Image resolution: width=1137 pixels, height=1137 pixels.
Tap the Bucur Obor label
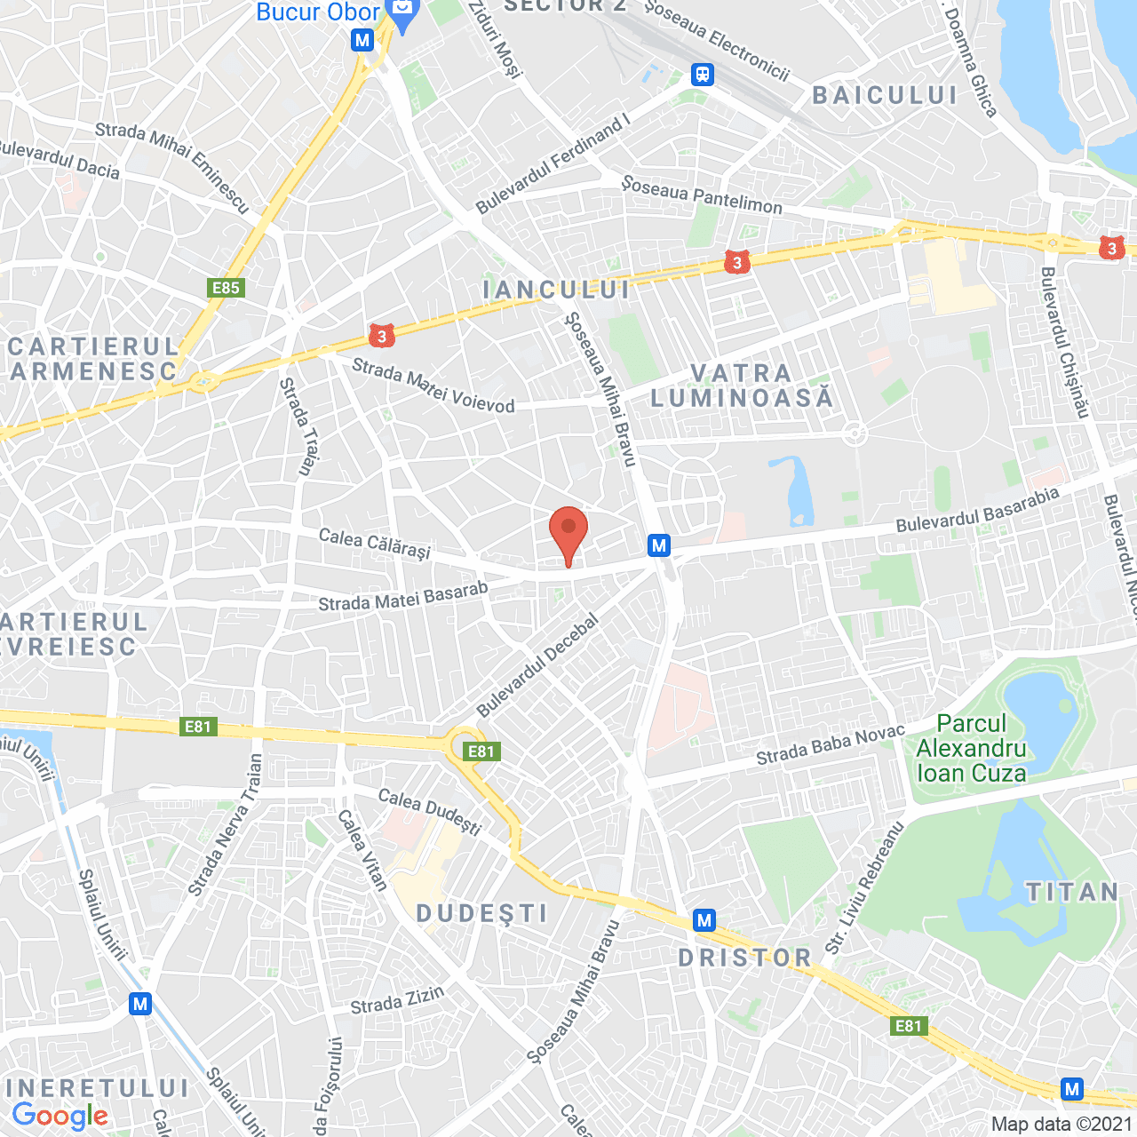318,12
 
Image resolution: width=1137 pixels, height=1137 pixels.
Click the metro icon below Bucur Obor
362,40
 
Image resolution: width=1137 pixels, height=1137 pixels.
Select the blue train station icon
703,75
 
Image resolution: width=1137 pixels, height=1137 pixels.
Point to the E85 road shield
226,288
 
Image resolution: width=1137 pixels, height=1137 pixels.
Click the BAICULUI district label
885,96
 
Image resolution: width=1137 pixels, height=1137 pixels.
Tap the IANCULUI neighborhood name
556,290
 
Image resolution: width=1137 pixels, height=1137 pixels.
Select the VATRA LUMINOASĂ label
742,386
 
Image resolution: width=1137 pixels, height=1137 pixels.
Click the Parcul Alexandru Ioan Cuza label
971,749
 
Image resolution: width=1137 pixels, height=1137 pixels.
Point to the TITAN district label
1072,892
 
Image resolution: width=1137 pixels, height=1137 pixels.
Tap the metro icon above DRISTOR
704,920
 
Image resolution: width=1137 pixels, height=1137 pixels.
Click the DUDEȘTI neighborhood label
482,913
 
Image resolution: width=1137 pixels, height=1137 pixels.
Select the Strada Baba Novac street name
830,745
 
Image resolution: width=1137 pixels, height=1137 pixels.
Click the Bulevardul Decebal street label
537,666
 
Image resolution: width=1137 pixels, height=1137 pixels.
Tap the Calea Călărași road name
374,544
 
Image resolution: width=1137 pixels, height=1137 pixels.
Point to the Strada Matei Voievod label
433,386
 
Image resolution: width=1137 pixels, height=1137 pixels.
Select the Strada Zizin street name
397,1000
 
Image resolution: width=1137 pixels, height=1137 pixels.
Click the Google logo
60,1117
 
